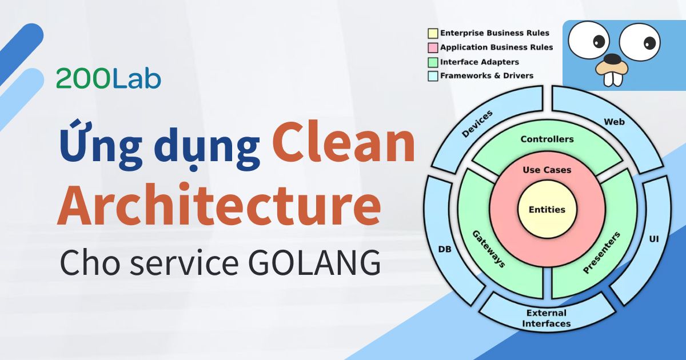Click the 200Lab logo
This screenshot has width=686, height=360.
pyautogui.click(x=109, y=79)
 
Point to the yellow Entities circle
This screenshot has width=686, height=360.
pyautogui.click(x=547, y=210)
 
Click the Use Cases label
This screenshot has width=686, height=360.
pyautogui.click(x=547, y=170)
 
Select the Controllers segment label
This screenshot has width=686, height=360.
pyautogui.click(x=547, y=139)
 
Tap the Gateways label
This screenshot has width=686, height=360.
pyautogui.click(x=488, y=249)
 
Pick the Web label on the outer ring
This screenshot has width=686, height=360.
pyautogui.click(x=614, y=122)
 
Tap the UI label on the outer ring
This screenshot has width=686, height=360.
pyautogui.click(x=654, y=238)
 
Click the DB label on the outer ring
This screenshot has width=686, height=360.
pyautogui.click(x=444, y=249)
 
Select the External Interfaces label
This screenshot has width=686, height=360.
pyautogui.click(x=547, y=318)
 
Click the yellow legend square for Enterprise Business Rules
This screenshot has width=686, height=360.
pyautogui.click(x=433, y=33)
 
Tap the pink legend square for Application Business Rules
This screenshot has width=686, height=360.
pyautogui.click(x=433, y=47)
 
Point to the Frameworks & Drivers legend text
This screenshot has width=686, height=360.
pyautogui.click(x=486, y=75)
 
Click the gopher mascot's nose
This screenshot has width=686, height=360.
pyautogui.click(x=612, y=58)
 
